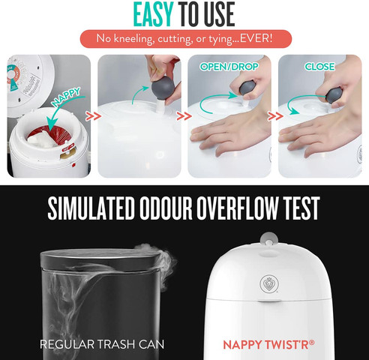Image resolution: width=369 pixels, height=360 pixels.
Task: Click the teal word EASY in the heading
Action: pos(153,13)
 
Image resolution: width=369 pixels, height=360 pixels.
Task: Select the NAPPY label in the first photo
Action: pos(66,97)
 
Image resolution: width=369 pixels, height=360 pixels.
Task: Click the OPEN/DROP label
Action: pos(229,67)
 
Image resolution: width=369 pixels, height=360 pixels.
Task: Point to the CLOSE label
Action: pos(319,67)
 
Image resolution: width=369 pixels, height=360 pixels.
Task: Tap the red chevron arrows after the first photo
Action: pos(94,116)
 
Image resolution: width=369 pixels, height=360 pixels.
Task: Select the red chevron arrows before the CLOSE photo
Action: pos(275,116)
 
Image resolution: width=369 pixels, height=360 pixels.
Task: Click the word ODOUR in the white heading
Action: pos(165,208)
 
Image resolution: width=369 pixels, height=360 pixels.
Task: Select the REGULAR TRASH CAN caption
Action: pos(102,344)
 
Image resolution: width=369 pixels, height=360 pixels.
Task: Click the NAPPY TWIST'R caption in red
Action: pos(268,345)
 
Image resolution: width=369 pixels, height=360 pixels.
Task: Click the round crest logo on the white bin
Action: pos(268,284)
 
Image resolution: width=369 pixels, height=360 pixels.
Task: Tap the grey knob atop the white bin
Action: pos(269,238)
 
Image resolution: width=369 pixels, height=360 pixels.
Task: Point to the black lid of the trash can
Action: pos(100,259)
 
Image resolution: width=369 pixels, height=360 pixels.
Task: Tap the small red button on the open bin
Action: pos(73,165)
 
